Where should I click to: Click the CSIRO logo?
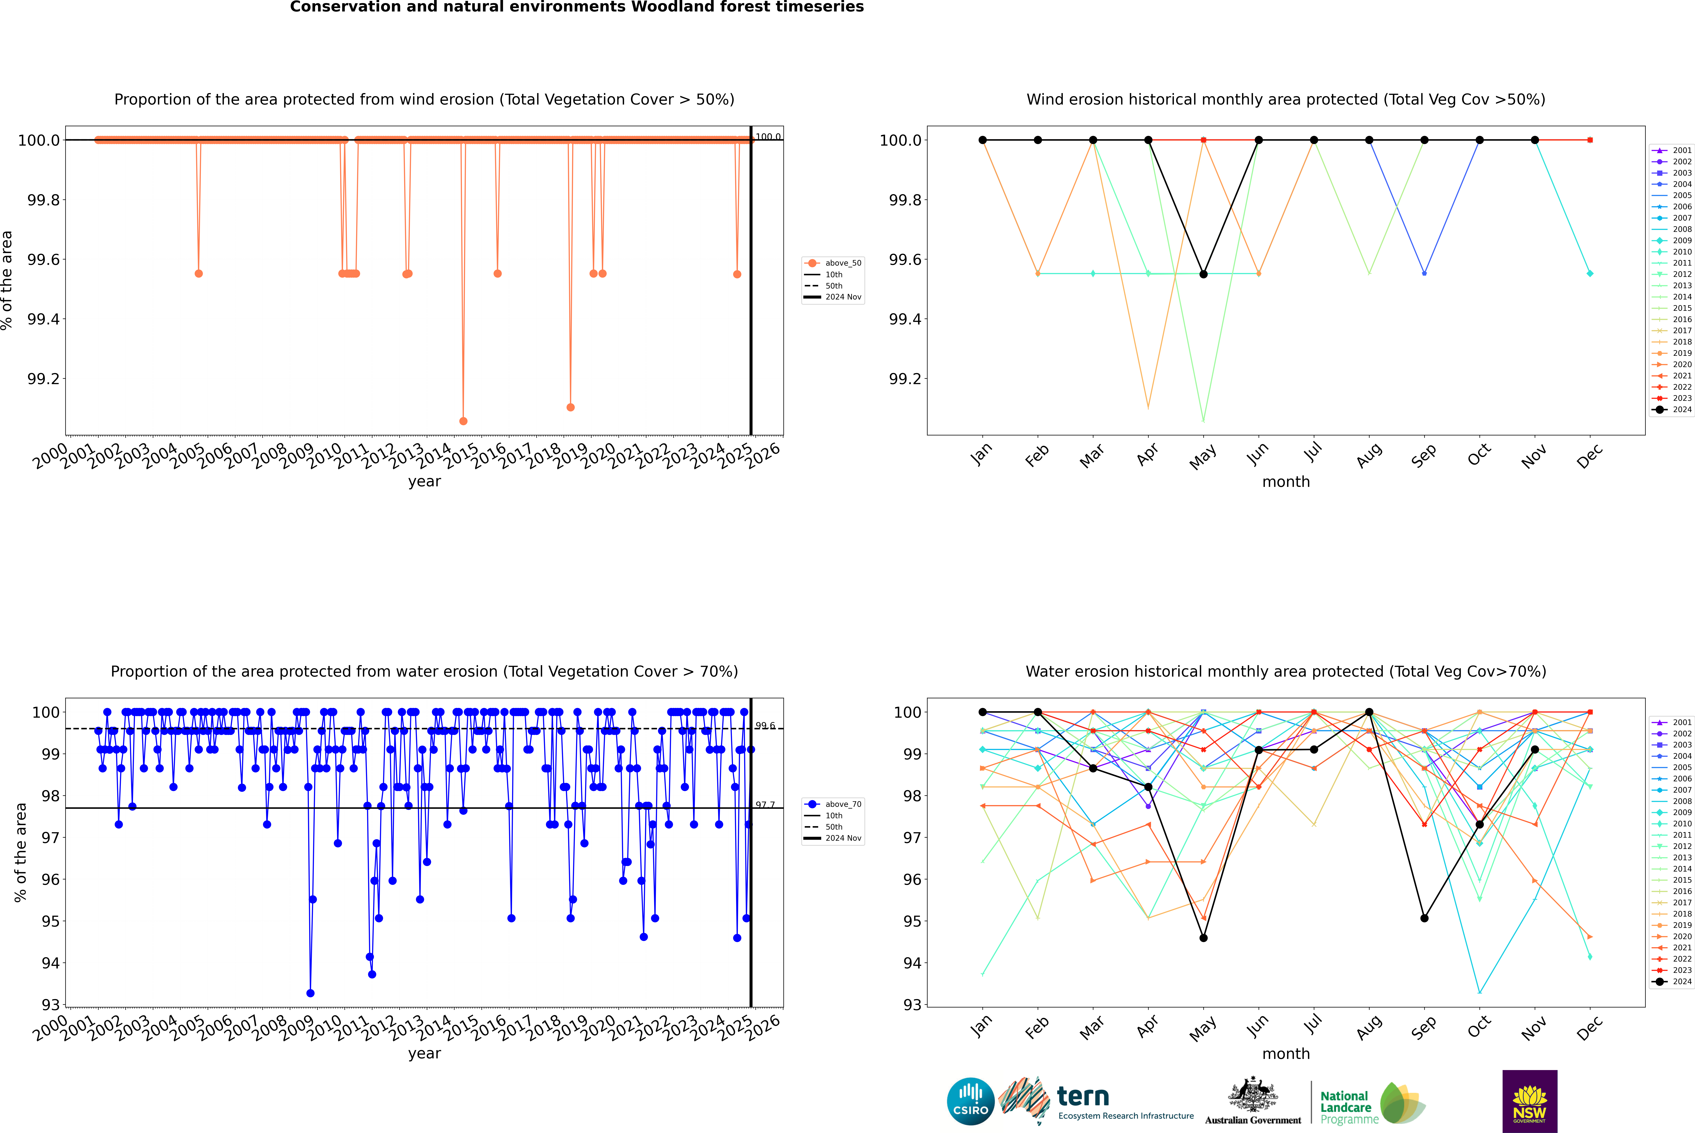coord(970,1101)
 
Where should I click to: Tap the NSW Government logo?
coord(1529,1101)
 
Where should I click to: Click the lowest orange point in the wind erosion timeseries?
coord(463,421)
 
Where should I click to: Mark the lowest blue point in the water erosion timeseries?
coord(311,993)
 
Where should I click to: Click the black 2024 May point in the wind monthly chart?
coord(1203,274)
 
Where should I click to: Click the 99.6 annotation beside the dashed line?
coord(765,725)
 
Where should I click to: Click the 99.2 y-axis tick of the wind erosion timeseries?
coord(43,379)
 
